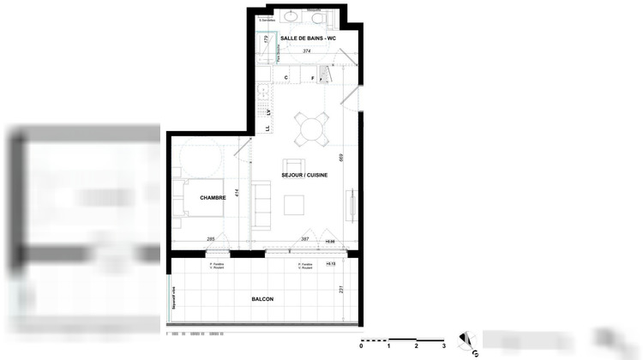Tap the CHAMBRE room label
tap(213, 198)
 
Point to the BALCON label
tap(262, 298)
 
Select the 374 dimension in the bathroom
tap(307, 51)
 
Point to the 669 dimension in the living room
tap(341, 158)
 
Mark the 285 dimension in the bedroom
tap(210, 239)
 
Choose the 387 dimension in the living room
tap(305, 239)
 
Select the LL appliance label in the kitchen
tap(267, 129)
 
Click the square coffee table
tap(294, 204)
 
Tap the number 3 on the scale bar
tap(443, 345)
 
